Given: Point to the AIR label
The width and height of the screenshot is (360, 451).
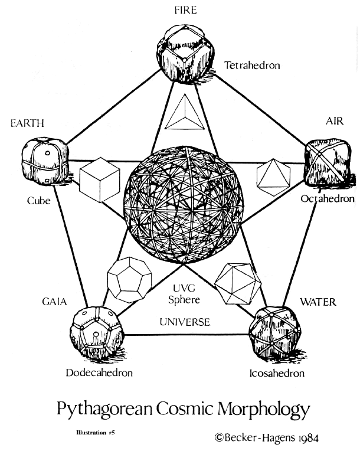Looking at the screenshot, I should [334, 121].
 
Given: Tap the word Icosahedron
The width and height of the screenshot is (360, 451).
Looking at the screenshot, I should [276, 373].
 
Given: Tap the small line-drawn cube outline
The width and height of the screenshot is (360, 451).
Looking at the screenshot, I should [96, 179].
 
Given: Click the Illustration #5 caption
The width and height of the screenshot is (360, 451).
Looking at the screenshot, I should [96, 433].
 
